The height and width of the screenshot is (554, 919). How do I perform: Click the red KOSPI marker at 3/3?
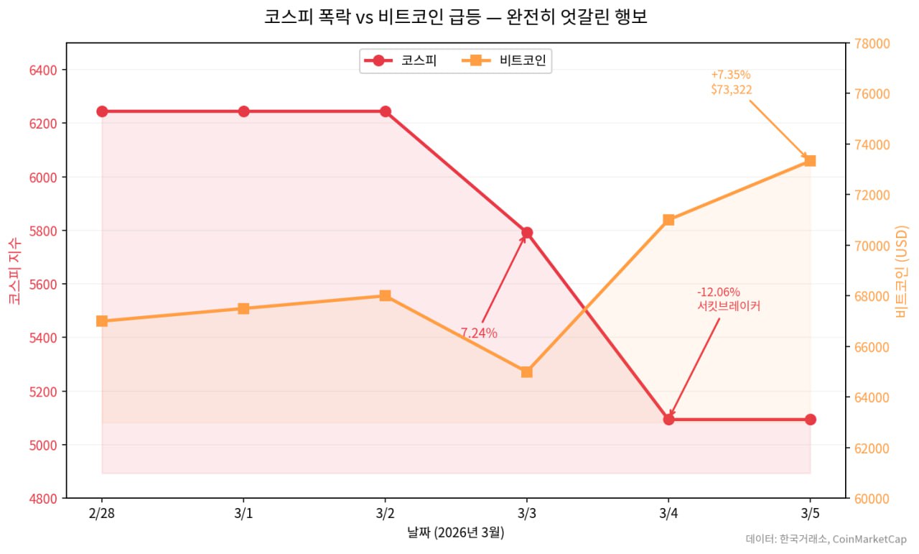point(527,232)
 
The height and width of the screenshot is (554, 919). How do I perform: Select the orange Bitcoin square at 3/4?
point(668,220)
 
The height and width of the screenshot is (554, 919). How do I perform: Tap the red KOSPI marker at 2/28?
point(102,111)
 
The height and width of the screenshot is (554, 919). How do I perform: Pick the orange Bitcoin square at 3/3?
point(527,371)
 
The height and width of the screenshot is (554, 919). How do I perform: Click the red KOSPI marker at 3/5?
point(811,419)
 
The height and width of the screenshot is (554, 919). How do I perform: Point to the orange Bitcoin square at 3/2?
point(386,295)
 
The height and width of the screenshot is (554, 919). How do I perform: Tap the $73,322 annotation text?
point(732,89)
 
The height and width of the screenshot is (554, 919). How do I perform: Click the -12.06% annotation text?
point(719,292)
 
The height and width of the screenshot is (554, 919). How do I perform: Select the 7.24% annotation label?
point(479,333)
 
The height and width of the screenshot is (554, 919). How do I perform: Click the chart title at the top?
point(456,17)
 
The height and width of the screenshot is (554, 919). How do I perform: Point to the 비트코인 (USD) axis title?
point(902,271)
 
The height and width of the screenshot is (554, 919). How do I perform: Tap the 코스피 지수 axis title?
point(14,271)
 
